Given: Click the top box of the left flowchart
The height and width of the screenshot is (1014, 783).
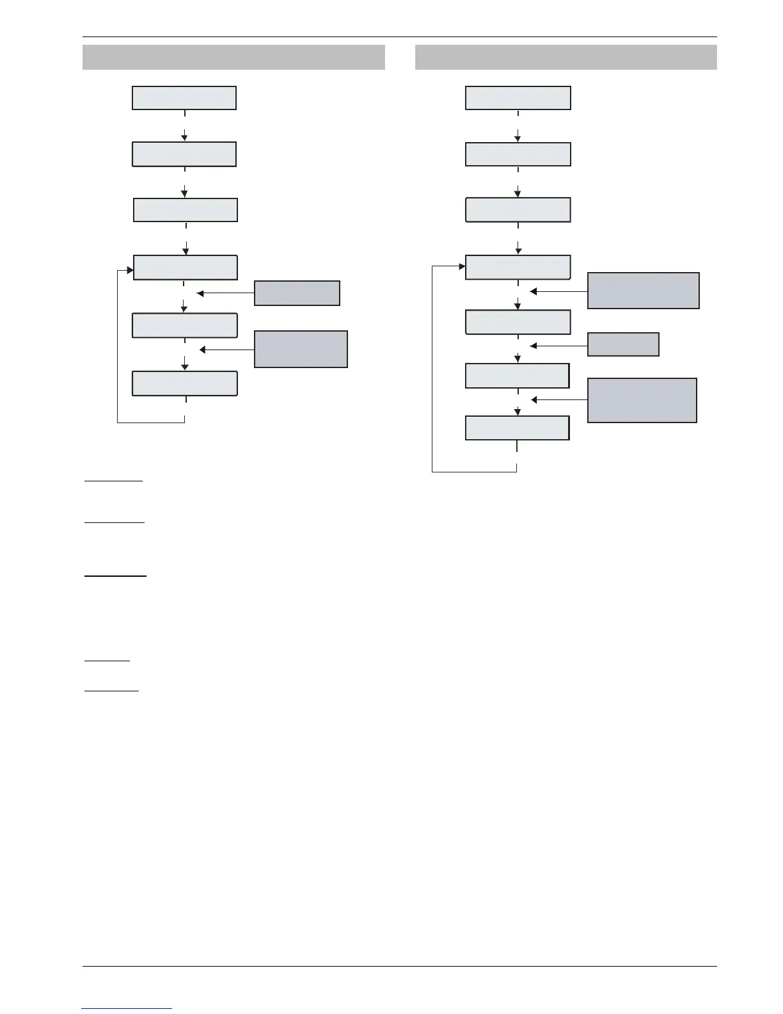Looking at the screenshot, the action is [x=184, y=98].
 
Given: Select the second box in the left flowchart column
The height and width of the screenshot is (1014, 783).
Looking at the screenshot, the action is [x=184, y=154].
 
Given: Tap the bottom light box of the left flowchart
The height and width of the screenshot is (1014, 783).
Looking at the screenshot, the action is [x=184, y=383].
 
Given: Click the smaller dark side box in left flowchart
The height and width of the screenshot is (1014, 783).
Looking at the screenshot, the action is [x=297, y=293].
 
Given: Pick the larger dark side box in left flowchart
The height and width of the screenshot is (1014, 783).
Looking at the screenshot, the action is [x=301, y=349].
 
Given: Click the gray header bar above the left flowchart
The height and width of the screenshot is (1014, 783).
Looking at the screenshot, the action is [x=233, y=57].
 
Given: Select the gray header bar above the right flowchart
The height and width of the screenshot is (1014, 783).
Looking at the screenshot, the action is [x=565, y=57].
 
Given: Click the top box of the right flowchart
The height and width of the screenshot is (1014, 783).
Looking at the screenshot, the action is [x=518, y=98].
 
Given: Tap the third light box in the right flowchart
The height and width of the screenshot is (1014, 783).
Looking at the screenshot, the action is [x=518, y=210].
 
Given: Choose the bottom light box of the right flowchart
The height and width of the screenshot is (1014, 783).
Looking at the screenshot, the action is [x=517, y=428].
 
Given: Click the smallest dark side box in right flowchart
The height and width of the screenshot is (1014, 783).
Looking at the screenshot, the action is [x=623, y=344].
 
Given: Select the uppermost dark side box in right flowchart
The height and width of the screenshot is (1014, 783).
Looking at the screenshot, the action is [x=643, y=291].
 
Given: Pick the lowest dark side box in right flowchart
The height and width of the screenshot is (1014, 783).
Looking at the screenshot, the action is [x=642, y=400].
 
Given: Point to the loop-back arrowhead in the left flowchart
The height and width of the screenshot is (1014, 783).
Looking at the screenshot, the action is [x=130, y=270].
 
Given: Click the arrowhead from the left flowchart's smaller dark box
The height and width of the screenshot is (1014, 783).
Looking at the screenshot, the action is [x=200, y=294].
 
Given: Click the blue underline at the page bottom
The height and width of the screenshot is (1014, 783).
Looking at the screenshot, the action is [x=127, y=1008].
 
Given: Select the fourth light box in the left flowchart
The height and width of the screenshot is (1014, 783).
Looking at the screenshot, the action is [x=185, y=267].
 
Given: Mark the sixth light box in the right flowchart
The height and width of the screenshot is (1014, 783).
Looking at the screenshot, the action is [x=517, y=376].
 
